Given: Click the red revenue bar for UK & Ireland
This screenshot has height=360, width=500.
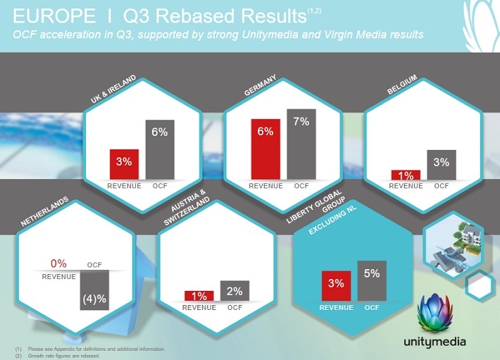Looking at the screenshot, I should tap(124, 164).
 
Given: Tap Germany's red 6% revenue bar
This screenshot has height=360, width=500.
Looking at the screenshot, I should tap(265, 149).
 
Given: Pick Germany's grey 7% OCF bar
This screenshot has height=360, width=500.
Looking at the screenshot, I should tap(301, 144).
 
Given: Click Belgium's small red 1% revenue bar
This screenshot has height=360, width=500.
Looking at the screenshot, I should tap(406, 175).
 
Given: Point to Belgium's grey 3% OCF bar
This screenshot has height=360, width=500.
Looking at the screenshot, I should tap(442, 165).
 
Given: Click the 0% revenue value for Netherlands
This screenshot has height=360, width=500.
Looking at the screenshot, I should tap(58, 263).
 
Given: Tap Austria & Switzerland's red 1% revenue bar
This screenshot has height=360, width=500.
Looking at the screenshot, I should tap(199, 297).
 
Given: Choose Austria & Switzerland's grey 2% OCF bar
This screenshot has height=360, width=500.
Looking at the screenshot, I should tap(235, 291).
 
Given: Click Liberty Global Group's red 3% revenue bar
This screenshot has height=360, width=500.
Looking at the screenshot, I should tap(335, 285).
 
